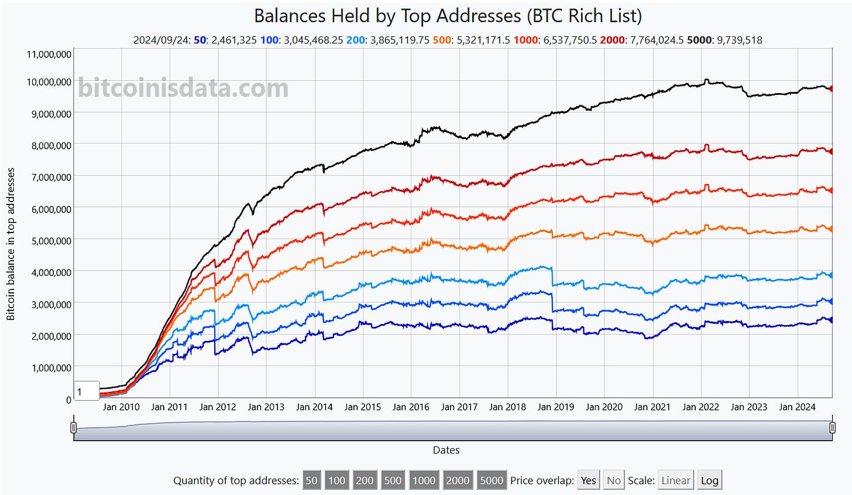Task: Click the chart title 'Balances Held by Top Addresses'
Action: point(448,15)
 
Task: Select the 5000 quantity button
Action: point(492,480)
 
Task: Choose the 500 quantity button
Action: point(393,480)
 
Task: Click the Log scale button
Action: point(709,480)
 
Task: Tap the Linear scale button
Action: point(675,480)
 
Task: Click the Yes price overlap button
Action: point(588,480)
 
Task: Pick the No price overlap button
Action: point(613,480)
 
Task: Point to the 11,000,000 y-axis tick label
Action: point(49,54)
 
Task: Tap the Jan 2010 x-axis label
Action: point(121,407)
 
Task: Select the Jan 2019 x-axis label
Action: point(556,407)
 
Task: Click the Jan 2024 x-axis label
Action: point(797,407)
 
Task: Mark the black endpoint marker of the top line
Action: point(831,88)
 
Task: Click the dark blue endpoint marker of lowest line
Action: point(831,320)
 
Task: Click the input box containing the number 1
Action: point(86,391)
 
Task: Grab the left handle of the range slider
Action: point(74,428)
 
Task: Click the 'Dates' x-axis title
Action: point(446,450)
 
